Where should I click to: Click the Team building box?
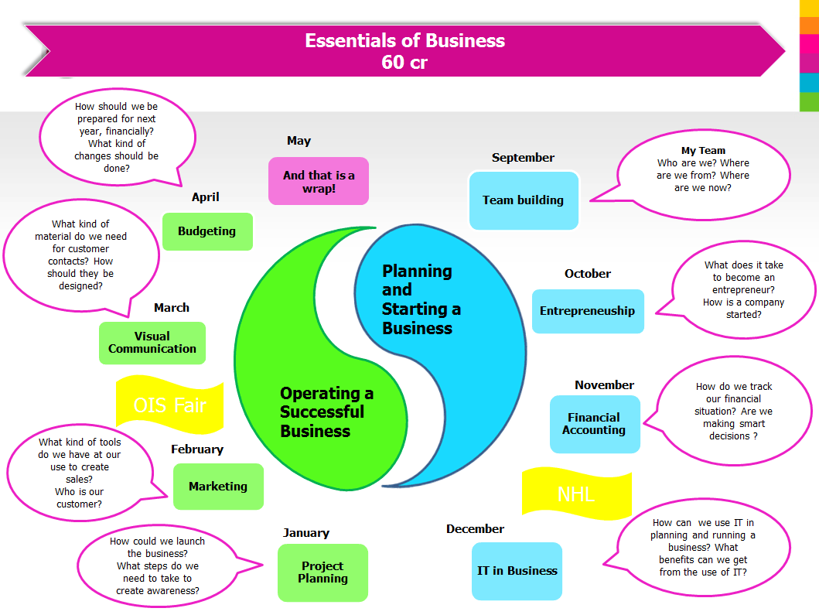tap(524, 200)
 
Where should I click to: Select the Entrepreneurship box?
tap(588, 311)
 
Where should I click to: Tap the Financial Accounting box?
tap(594, 424)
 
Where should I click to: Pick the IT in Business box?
tap(517, 571)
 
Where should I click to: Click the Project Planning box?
tap(322, 572)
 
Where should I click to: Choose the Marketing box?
tap(218, 487)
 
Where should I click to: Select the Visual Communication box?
tap(152, 343)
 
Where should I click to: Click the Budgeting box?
tap(207, 231)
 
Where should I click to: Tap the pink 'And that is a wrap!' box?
tap(319, 181)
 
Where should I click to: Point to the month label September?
tap(523, 158)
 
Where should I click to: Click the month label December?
tap(475, 529)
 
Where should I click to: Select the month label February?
tap(197, 449)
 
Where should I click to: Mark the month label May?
tap(299, 141)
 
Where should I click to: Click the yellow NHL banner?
tap(576, 494)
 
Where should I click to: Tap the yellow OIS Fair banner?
tap(169, 405)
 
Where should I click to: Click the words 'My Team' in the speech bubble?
tap(703, 151)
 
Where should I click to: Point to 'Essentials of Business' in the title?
tap(404, 41)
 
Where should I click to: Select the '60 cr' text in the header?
tap(404, 63)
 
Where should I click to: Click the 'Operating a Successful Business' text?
tap(326, 412)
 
